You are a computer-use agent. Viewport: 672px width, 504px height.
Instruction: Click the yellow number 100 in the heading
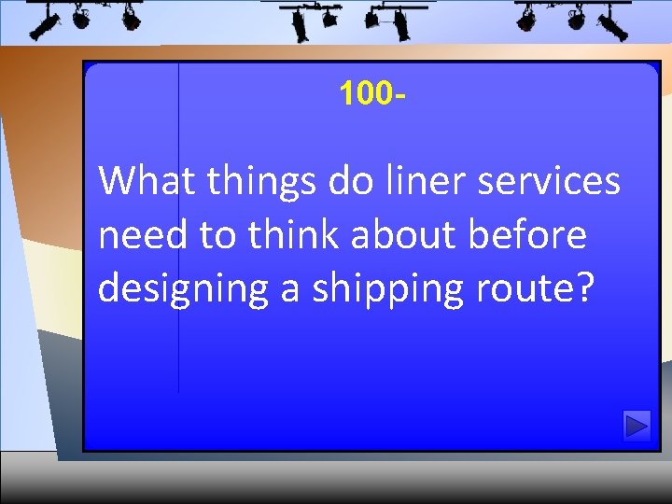click(368, 93)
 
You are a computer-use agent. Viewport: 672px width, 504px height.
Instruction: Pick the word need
click(141, 235)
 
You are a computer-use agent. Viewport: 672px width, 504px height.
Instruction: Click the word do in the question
click(348, 181)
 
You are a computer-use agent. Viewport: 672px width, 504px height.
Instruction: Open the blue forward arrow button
click(637, 427)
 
